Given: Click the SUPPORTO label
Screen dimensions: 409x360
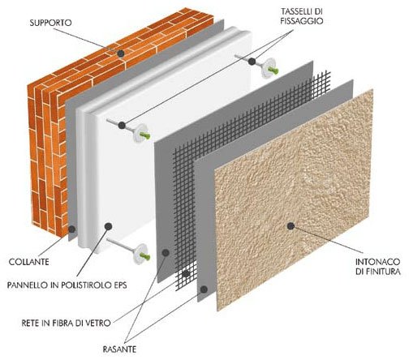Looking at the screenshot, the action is (x=50, y=23).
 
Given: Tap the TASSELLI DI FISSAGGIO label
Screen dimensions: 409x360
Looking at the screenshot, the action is (x=302, y=16).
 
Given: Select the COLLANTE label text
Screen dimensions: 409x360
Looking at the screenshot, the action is (x=29, y=262).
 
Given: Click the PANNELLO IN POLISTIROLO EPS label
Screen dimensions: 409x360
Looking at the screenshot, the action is (x=67, y=285).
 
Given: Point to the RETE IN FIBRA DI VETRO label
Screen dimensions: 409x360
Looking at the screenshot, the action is (x=67, y=323).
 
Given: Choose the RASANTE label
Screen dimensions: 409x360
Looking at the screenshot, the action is (x=119, y=349).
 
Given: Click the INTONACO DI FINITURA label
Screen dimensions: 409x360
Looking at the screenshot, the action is (x=377, y=266).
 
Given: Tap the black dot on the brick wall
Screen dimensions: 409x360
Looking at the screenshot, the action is (x=121, y=54).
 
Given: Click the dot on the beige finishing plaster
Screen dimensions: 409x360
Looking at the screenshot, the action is (x=291, y=226).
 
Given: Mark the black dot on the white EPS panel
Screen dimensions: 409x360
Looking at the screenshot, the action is (x=108, y=226).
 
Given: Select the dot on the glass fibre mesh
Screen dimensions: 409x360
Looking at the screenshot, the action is (x=186, y=274).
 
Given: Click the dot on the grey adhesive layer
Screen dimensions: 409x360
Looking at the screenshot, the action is (x=71, y=229).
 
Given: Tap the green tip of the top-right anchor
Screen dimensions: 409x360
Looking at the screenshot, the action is (x=273, y=71).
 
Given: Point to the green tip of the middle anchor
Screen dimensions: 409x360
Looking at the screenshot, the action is (x=145, y=135).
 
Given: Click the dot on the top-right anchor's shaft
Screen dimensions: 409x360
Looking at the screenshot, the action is (x=252, y=62).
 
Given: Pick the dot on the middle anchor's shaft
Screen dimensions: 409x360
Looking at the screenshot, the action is (x=122, y=125).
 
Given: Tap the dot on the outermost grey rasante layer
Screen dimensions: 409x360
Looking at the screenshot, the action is (x=204, y=289).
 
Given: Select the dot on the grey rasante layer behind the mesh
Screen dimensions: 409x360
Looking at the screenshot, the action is (x=166, y=253).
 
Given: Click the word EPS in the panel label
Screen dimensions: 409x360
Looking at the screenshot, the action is (x=119, y=285).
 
